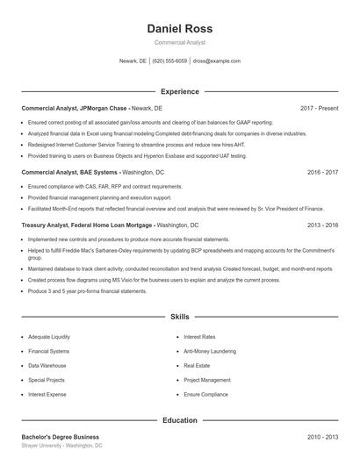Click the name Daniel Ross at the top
tap(179, 28)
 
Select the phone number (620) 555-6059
tap(169, 61)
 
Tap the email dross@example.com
tap(216, 61)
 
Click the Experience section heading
tap(179, 91)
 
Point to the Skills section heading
tap(179, 316)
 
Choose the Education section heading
tap(179, 420)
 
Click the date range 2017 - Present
tap(319, 108)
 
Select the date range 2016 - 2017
tap(322, 173)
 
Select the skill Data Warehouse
tap(47, 365)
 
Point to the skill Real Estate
tap(197, 365)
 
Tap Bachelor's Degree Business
tap(60, 436)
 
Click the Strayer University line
tap(61, 446)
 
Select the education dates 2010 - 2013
tap(322, 436)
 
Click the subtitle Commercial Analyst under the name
tap(179, 42)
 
